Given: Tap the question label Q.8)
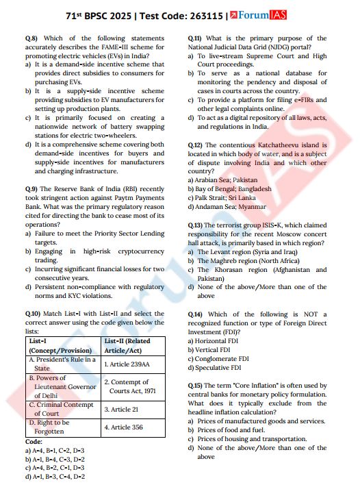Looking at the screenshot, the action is [x=32, y=38].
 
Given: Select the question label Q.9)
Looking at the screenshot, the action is [x=32, y=188].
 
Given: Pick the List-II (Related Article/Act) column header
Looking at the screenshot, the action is [x=131, y=345].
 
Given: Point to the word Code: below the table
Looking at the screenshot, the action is [x=34, y=442].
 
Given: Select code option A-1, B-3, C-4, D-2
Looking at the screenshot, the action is [x=60, y=475].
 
